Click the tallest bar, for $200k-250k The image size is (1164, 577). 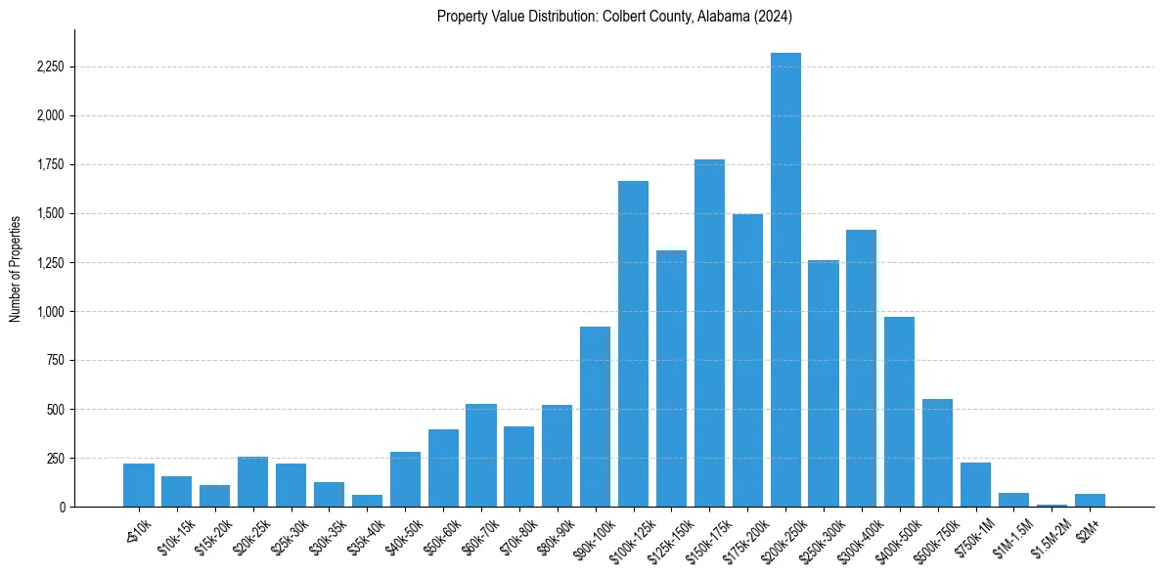pyautogui.click(x=785, y=280)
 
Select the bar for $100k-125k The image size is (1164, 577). pyautogui.click(x=633, y=344)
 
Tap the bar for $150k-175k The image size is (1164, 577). pyautogui.click(x=709, y=333)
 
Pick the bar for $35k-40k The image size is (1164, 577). pyautogui.click(x=367, y=501)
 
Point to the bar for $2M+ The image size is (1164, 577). pyautogui.click(x=1090, y=501)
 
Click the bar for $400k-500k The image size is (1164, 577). pyautogui.click(x=900, y=412)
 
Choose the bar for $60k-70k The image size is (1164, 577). pyautogui.click(x=481, y=456)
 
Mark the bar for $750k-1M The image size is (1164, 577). pyautogui.click(x=976, y=485)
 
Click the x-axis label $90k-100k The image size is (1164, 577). pyautogui.click(x=593, y=535)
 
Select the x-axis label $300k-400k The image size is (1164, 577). pyautogui.click(x=858, y=537)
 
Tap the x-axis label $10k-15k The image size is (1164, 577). pyautogui.click(x=174, y=535)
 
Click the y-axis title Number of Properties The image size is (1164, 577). pyautogui.click(x=15, y=269)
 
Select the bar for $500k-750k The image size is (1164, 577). pyautogui.click(x=938, y=453)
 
